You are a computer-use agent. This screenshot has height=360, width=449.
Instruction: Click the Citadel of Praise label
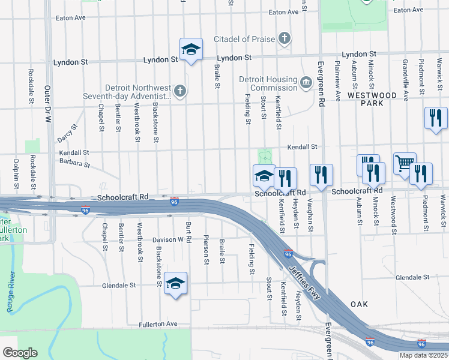[x=247, y=40]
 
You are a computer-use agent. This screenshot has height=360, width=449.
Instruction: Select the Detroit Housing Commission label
[x=268, y=83]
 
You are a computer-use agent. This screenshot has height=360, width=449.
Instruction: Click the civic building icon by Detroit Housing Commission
[x=306, y=82]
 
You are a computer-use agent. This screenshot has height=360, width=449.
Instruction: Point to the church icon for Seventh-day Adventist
[x=179, y=92]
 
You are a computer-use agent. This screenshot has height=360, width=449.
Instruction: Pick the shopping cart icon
[x=405, y=163]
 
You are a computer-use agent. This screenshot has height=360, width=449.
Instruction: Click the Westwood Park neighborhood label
[x=371, y=99]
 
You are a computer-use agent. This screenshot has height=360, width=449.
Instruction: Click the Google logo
[x=20, y=352]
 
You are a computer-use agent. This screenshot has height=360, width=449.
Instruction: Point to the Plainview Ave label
[x=338, y=80]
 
